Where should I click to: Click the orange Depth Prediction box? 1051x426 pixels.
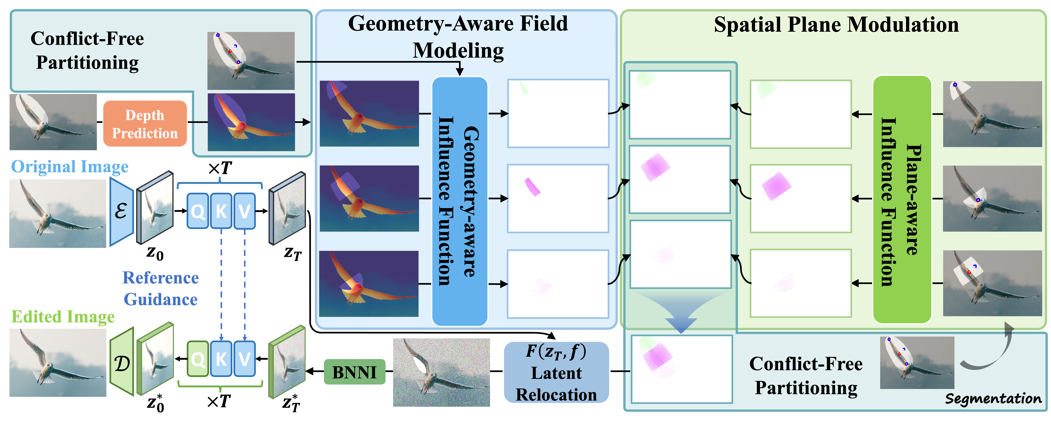[x=145, y=124]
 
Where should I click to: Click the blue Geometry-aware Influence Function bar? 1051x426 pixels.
[x=459, y=201]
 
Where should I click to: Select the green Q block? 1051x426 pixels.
[x=198, y=359]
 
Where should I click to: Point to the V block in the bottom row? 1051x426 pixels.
[x=244, y=359]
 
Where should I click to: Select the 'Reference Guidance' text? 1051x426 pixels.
[x=161, y=288]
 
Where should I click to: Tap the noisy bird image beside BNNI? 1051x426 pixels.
[x=441, y=372]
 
